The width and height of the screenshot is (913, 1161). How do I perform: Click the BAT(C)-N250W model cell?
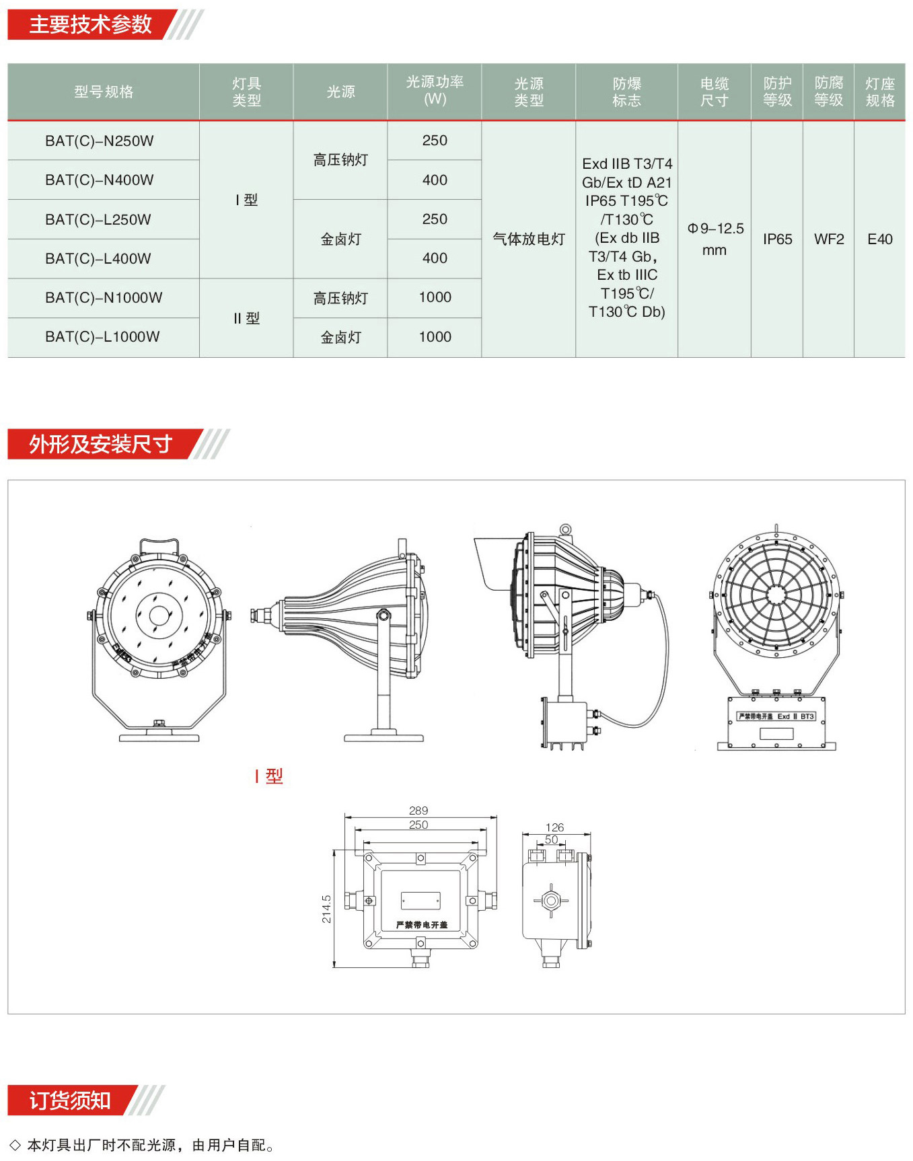pyautogui.click(x=100, y=141)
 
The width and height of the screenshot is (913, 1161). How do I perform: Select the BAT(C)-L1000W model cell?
pyautogui.click(x=102, y=337)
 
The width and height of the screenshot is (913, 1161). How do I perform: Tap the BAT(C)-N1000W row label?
pyautogui.click(x=104, y=298)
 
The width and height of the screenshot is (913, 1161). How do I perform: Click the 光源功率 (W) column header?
pyautogui.click(x=435, y=91)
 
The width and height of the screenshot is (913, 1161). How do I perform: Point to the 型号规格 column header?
pyautogui.click(x=104, y=91)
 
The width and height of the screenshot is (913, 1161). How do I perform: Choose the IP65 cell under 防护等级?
pyautogui.click(x=777, y=239)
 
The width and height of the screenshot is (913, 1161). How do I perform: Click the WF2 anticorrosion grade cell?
pyautogui.click(x=829, y=239)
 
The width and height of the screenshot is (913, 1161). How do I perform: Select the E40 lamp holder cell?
pyautogui.click(x=880, y=239)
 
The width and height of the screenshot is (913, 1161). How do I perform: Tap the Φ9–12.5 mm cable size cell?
pyautogui.click(x=715, y=239)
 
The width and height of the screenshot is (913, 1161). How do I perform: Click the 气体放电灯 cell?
pyautogui.click(x=529, y=239)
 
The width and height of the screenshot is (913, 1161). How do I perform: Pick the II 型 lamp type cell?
pyautogui.click(x=246, y=318)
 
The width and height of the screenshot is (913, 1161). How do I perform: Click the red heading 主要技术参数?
pyautogui.click(x=91, y=25)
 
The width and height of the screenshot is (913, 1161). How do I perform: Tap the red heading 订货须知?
pyautogui.click(x=69, y=1100)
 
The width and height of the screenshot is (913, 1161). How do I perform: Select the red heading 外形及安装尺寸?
pyautogui.click(x=101, y=444)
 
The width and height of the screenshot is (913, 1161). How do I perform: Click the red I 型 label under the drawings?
pyautogui.click(x=269, y=776)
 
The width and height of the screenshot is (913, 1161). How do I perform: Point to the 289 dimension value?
pyautogui.click(x=418, y=811)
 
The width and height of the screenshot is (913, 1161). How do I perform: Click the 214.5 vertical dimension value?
pyautogui.click(x=326, y=909)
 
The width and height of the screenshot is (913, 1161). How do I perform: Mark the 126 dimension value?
pyautogui.click(x=555, y=827)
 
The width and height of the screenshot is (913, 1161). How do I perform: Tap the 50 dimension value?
pyautogui.click(x=552, y=839)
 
